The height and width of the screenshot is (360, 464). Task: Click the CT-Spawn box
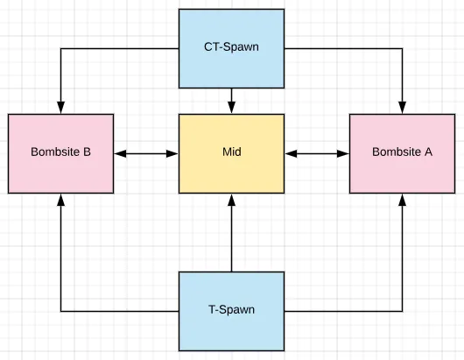tap(231, 48)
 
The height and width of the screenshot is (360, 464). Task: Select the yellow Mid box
tap(231, 153)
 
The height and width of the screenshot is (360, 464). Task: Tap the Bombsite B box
tap(60, 153)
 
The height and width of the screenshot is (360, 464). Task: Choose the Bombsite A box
tap(402, 153)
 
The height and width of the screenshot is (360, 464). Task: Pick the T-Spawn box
tap(231, 311)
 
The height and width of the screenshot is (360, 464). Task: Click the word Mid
tap(232, 152)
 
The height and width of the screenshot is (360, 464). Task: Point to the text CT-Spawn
tap(231, 46)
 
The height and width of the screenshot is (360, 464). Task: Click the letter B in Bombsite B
tap(87, 152)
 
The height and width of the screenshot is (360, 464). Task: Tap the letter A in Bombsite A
tap(428, 152)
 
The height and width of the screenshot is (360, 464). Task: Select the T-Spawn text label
tap(231, 309)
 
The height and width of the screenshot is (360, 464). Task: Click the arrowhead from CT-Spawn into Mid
tap(231, 108)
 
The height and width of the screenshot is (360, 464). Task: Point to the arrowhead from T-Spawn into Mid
tap(231, 200)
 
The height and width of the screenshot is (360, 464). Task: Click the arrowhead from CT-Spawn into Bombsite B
tap(60, 108)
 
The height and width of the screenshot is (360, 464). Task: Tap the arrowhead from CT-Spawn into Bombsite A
tap(402, 108)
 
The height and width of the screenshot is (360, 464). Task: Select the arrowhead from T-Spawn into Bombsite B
tap(60, 200)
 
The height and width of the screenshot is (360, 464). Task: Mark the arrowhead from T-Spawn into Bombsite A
tap(402, 200)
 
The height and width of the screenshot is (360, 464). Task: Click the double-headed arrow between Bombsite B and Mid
tap(146, 153)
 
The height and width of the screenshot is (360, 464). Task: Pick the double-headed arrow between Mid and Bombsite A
tap(317, 153)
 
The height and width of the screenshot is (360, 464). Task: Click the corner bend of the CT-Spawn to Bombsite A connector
tap(402, 48)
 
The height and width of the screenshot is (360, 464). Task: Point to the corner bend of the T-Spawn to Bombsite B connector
tap(60, 311)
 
